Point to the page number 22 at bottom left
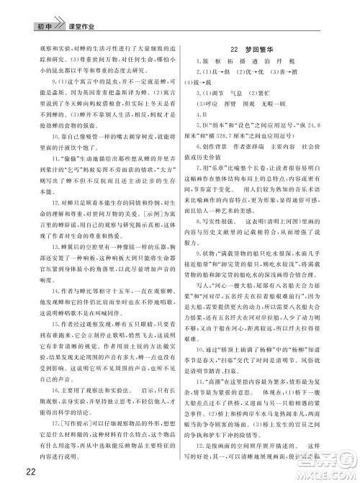point(12,470)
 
